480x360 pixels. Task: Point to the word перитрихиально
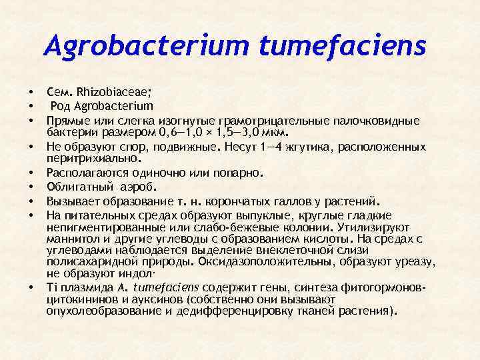click(x=92, y=159)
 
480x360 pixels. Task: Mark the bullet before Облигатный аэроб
click(x=31, y=187)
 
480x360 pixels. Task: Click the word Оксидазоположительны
click(x=285, y=263)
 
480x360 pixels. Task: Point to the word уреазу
click(x=418, y=263)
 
